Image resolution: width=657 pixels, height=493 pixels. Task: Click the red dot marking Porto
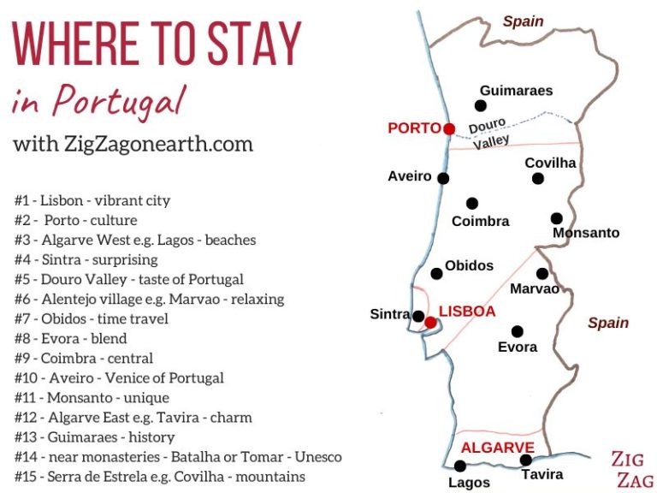(x=449, y=128)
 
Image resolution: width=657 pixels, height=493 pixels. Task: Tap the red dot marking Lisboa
(x=430, y=323)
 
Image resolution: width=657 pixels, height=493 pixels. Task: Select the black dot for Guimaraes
(x=481, y=106)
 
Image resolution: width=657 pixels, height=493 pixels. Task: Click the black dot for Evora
(x=517, y=331)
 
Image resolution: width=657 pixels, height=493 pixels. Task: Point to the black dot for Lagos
(x=460, y=466)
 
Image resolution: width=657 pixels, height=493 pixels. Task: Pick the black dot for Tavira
(x=526, y=460)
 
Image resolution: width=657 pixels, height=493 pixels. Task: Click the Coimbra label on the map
(x=480, y=221)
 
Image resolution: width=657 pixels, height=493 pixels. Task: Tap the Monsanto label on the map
(x=586, y=233)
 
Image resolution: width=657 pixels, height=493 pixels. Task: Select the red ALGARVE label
(x=497, y=448)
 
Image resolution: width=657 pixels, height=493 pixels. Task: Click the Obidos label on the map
(x=469, y=265)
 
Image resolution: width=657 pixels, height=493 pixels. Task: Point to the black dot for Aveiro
(x=443, y=178)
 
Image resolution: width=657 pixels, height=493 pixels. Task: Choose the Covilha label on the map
(x=550, y=163)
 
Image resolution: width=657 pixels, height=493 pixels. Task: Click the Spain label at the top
(x=523, y=21)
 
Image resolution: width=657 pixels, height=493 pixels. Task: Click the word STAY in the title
(x=255, y=44)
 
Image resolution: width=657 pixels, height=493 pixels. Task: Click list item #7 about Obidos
(x=92, y=319)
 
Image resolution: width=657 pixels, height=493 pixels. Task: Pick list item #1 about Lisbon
(x=92, y=200)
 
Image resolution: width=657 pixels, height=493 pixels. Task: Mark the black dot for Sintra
(x=417, y=316)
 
